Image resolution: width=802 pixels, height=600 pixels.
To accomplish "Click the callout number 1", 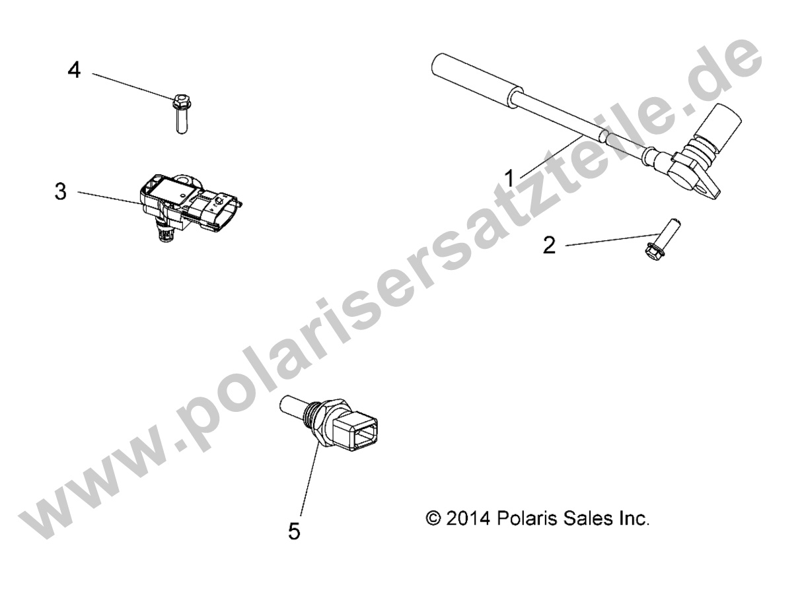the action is coord(509,179).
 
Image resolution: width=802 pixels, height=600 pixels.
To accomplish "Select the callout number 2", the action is coord(550,246).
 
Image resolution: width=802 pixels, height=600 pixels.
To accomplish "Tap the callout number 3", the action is coord(61,191).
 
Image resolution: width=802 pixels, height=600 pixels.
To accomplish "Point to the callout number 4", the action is coord(74,70).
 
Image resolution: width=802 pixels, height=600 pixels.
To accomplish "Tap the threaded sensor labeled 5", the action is coord(328,424).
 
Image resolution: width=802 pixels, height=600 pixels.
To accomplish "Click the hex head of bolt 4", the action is coord(181,101).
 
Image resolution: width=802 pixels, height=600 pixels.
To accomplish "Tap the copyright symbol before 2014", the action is coord(434,518).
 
